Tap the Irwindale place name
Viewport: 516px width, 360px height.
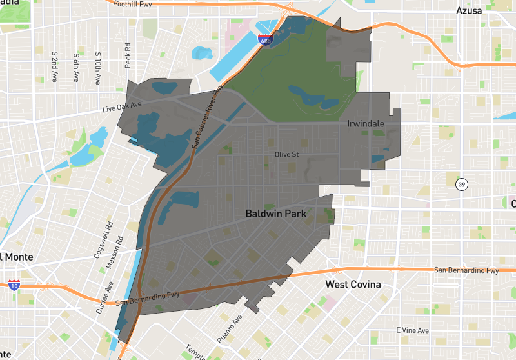tap(366, 123)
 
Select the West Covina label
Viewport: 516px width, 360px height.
tap(353, 285)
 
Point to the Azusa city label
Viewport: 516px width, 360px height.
tap(470, 11)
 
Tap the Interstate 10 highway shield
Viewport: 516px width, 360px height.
tap(14, 285)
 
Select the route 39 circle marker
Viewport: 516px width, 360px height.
tap(462, 184)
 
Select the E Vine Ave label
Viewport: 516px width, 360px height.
tap(412, 330)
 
